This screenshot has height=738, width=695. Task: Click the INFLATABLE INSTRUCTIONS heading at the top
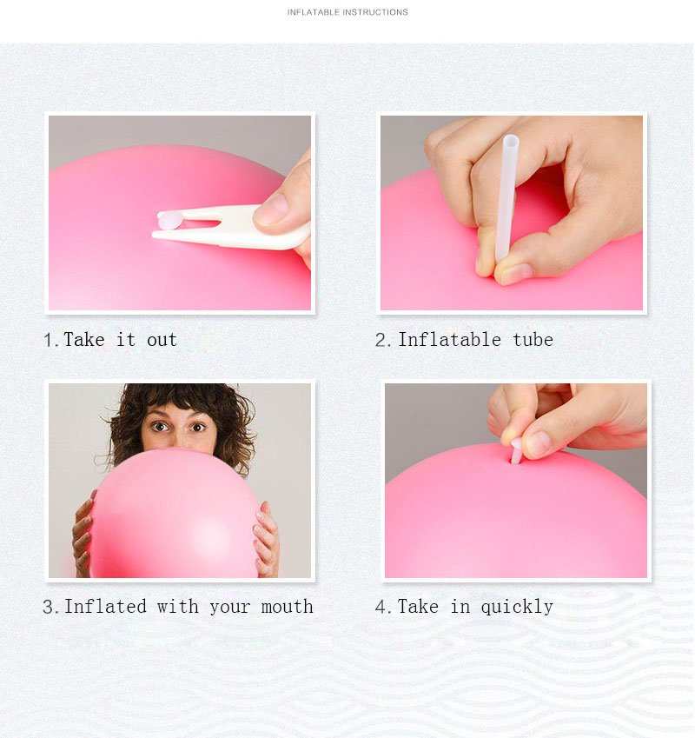click(347, 12)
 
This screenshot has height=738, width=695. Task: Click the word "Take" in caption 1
click(84, 340)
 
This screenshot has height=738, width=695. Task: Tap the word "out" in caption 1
click(162, 340)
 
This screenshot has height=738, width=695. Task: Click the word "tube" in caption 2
click(533, 340)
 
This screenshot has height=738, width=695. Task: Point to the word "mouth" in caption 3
click(287, 607)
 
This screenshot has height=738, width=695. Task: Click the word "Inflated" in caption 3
click(105, 607)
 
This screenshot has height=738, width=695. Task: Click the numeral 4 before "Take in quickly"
click(381, 607)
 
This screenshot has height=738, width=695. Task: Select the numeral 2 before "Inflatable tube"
click(381, 340)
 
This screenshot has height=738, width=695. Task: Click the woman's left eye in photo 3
click(199, 426)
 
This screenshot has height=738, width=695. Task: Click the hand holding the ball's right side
click(266, 539)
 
